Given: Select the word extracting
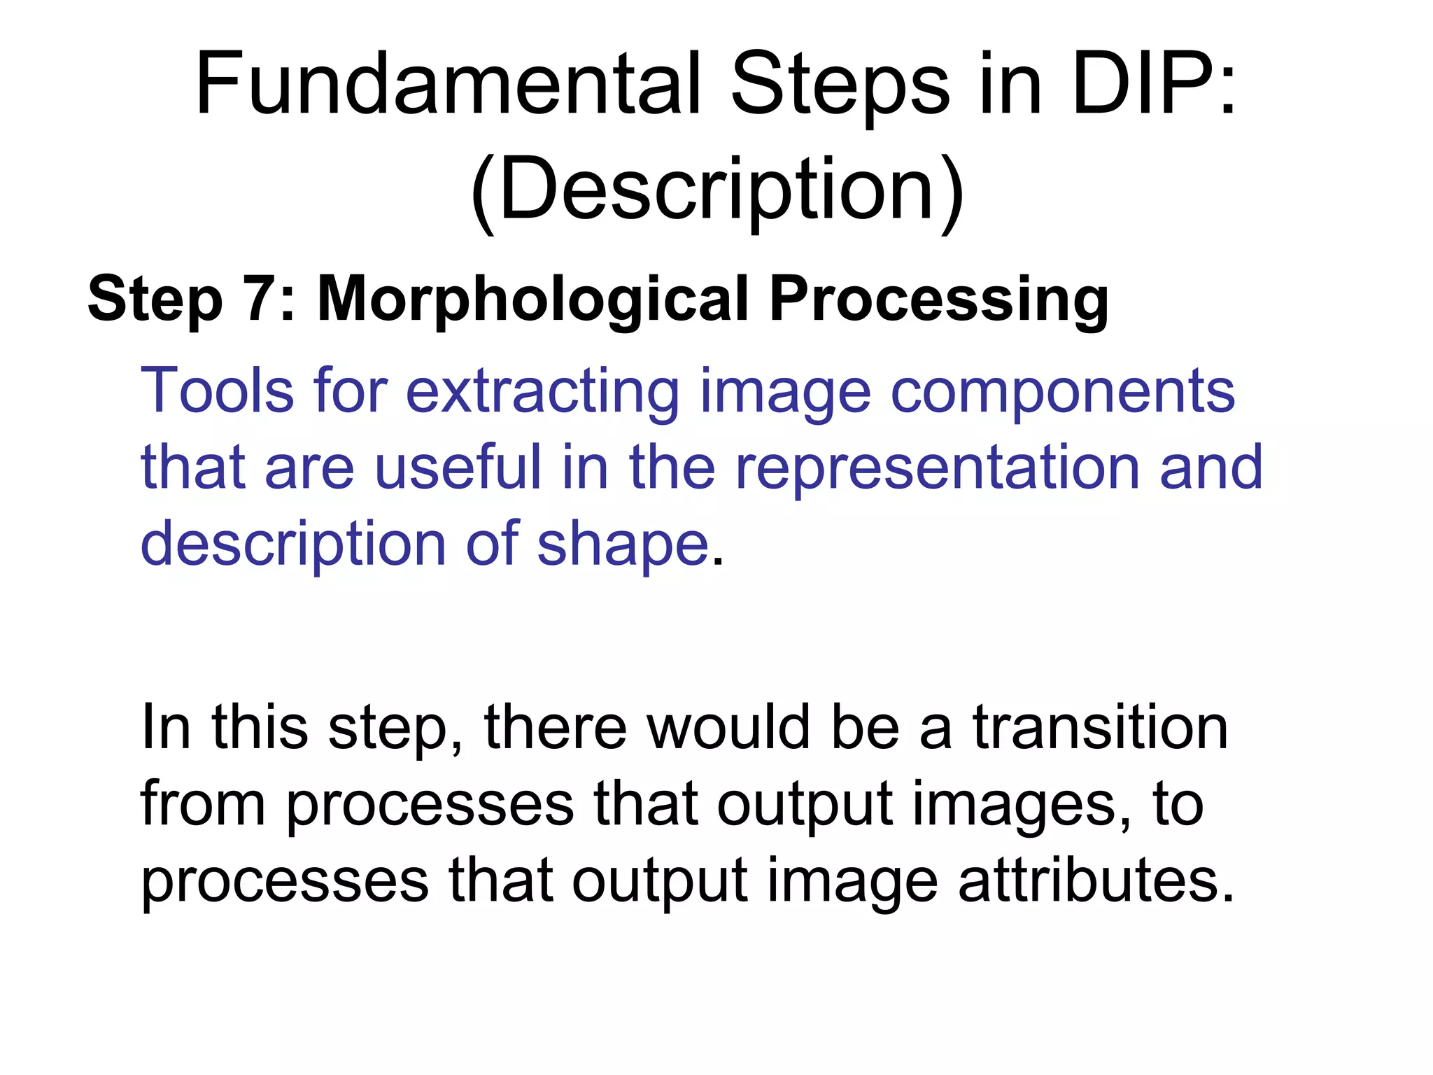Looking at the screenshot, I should (x=542, y=392).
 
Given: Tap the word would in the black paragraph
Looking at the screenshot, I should (x=728, y=728).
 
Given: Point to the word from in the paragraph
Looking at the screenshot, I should (x=203, y=805).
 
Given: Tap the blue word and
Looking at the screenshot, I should (x=1211, y=467).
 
